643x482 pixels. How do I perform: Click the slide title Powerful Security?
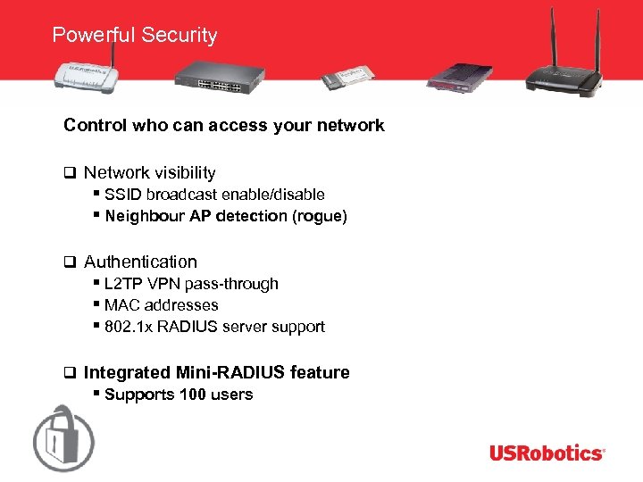click(x=135, y=36)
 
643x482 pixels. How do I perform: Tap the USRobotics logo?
click(x=547, y=453)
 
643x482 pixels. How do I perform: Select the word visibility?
click(x=183, y=173)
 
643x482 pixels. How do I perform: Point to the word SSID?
click(x=123, y=195)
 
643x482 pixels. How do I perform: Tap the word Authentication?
click(x=140, y=262)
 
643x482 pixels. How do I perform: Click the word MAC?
click(x=121, y=305)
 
